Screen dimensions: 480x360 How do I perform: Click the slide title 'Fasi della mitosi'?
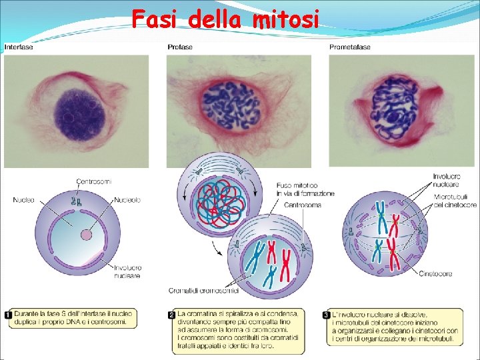pyautogui.click(x=225, y=20)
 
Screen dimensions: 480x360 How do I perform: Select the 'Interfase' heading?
pyautogui.click(x=19, y=47)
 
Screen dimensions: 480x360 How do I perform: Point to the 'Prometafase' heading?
pyautogui.click(x=350, y=47)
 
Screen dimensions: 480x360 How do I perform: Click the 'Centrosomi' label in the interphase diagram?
pyautogui.click(x=94, y=181)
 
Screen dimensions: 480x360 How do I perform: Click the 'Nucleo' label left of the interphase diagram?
pyautogui.click(x=25, y=199)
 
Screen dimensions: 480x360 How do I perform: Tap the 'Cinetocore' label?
pyautogui.click(x=436, y=273)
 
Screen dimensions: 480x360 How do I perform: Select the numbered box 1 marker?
pyautogui.click(x=8, y=313)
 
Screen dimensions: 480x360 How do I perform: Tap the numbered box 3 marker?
pyautogui.click(x=326, y=313)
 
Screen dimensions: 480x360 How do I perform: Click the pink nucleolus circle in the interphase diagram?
pyautogui.click(x=87, y=235)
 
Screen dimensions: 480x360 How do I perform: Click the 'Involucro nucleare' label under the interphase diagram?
pyautogui.click(x=127, y=271)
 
